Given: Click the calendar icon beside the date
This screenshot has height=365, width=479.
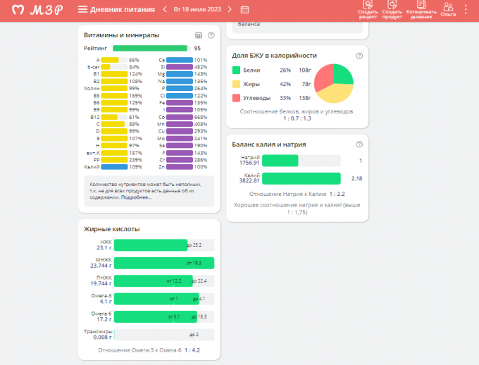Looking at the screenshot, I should [244, 10].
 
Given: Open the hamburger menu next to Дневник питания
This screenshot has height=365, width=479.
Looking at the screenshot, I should [82, 10].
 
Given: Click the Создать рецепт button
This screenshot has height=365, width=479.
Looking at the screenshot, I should [368, 9].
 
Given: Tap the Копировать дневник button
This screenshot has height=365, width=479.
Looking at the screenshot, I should [421, 9].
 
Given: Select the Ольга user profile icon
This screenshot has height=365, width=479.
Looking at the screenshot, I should [448, 9].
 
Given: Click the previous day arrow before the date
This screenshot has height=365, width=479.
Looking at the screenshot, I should [165, 10].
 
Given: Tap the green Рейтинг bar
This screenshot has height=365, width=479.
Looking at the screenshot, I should [150, 48].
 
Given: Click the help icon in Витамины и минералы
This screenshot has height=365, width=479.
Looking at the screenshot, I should [211, 35].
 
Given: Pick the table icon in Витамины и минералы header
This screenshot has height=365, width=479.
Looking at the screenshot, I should [198, 35].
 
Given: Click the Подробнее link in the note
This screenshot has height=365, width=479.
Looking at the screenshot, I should [136, 197].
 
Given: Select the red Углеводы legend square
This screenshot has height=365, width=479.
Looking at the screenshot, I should [236, 97].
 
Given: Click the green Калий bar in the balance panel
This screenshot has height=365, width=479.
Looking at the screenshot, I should [291, 178].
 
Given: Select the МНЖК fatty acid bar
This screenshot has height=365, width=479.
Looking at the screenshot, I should [163, 263].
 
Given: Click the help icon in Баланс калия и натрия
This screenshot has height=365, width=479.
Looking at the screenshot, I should [359, 144].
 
